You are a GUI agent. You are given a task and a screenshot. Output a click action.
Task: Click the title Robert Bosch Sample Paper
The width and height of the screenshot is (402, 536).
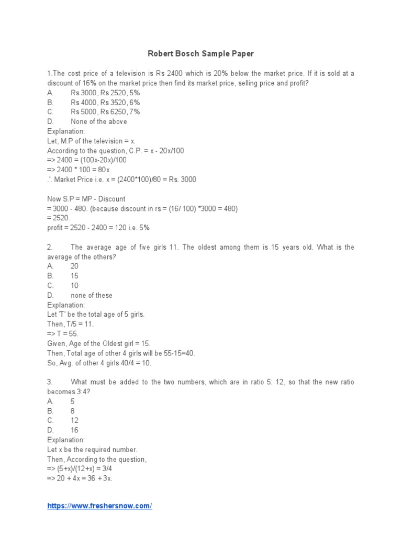click(201, 54)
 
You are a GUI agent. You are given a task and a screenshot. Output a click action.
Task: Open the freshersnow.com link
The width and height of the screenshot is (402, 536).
click(99, 506)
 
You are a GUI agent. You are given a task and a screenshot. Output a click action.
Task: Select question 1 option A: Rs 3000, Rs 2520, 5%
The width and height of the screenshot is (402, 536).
click(105, 93)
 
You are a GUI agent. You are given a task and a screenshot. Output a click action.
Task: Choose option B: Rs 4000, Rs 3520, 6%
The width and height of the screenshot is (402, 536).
click(105, 102)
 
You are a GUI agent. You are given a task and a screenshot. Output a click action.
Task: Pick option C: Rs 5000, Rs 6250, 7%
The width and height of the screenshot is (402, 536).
click(105, 111)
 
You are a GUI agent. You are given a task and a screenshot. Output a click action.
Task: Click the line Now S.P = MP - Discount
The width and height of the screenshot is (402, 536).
click(86, 199)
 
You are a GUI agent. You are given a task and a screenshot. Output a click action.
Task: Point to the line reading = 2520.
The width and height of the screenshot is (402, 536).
click(58, 218)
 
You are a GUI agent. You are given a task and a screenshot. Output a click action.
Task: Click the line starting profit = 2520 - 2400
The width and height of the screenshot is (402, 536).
click(98, 228)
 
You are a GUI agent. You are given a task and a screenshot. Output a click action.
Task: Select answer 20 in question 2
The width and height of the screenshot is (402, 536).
click(74, 266)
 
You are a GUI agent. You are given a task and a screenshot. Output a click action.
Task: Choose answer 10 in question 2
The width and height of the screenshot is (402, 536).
click(74, 285)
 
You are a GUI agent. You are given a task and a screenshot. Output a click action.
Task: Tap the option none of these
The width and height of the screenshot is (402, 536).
click(91, 295)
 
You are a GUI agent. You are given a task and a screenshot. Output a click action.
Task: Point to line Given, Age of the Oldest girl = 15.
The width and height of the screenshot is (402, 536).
click(99, 343)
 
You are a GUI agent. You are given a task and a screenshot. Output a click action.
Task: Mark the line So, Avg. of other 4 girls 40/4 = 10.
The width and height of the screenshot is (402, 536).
click(106, 363)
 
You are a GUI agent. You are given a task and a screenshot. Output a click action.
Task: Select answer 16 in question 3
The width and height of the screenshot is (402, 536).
click(74, 430)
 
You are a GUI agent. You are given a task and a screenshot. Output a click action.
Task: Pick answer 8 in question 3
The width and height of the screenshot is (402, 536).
click(73, 411)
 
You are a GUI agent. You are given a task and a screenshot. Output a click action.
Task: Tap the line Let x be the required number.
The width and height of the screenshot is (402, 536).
click(92, 450)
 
